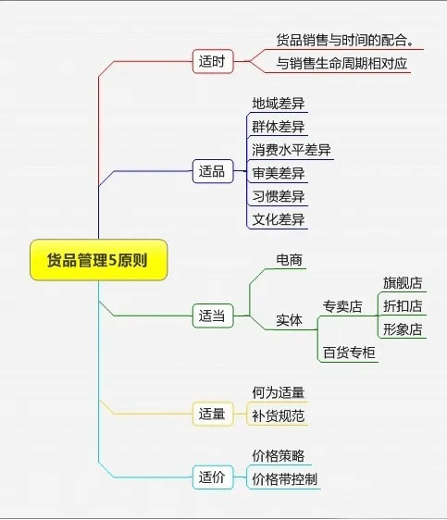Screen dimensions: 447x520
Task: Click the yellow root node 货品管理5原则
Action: pos(98,260)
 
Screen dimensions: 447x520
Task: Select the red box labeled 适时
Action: pos(213,61)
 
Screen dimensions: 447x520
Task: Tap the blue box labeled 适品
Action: pos(213,171)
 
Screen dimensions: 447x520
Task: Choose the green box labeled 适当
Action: pos(213,316)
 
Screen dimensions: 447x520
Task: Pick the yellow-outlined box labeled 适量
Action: pos(213,414)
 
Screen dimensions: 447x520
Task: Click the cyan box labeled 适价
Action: pos(213,477)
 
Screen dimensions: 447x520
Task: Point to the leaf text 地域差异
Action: pos(279,104)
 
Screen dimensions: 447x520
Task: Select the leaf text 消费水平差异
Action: pos(292,150)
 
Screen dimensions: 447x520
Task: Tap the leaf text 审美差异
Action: pos(279,173)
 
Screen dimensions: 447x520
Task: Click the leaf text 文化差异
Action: pos(279,219)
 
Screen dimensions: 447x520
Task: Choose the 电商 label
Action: pos(289,260)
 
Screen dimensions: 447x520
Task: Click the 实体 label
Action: pos(289,320)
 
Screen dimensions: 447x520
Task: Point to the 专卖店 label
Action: pos(342,306)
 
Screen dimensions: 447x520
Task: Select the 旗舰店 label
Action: pos(403,283)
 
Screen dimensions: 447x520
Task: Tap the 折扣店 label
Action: pos(403,305)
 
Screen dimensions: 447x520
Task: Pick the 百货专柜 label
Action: pos(349,353)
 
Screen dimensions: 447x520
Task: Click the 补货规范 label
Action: pos(279,415)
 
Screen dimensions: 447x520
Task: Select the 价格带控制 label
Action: pos(285,479)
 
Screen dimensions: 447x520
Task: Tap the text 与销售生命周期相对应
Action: pos(341,63)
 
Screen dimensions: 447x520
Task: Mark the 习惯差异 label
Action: pos(279,196)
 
